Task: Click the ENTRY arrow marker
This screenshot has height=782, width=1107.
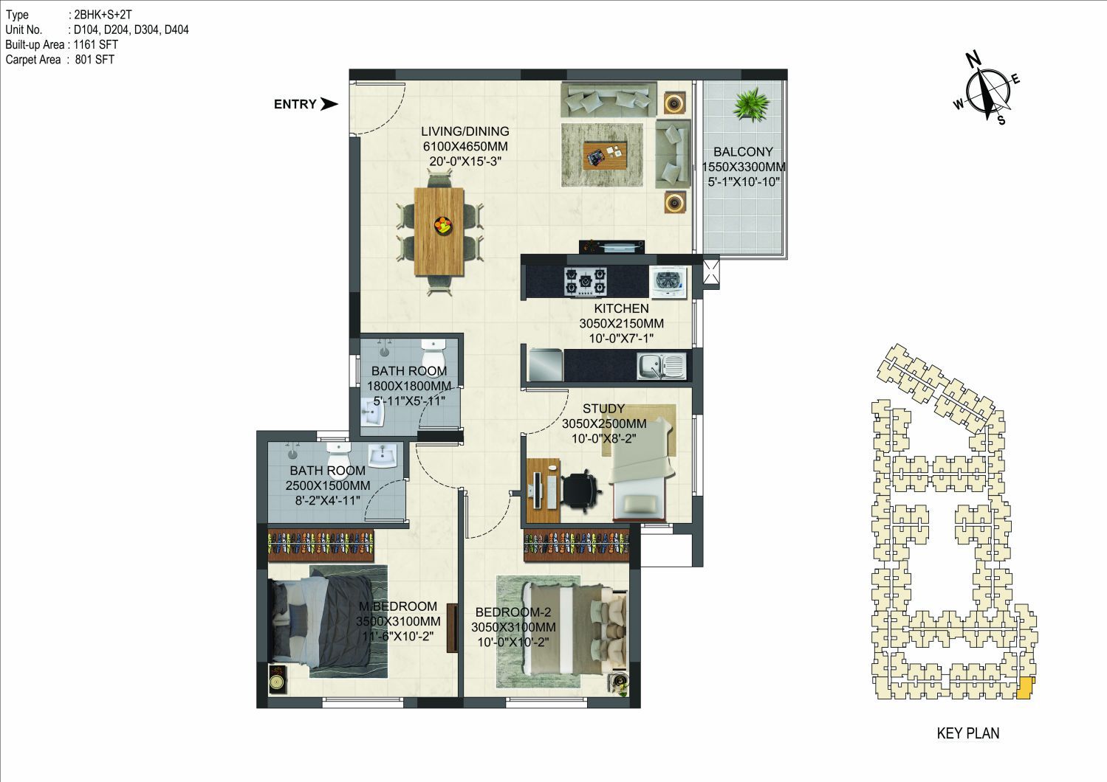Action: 329,104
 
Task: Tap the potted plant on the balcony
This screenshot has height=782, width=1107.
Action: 751,105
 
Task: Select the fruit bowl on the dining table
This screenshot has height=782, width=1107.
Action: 443,226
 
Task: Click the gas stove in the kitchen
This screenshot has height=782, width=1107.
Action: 586,283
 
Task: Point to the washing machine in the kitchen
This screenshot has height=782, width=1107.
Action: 668,283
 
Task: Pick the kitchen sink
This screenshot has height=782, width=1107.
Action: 661,367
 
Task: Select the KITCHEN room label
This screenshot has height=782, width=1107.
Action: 621,308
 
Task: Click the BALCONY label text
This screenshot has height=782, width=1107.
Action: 743,151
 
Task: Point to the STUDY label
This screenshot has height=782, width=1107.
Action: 603,409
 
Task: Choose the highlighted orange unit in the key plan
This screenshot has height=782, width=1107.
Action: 1025,688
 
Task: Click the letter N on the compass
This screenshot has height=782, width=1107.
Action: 973,60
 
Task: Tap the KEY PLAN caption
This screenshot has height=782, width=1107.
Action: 967,733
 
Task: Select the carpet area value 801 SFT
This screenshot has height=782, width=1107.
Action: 95,60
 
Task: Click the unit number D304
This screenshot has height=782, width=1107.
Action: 146,30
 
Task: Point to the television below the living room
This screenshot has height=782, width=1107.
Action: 611,246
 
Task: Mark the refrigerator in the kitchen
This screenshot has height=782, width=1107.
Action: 546,365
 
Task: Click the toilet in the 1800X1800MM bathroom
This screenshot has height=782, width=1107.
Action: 433,351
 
